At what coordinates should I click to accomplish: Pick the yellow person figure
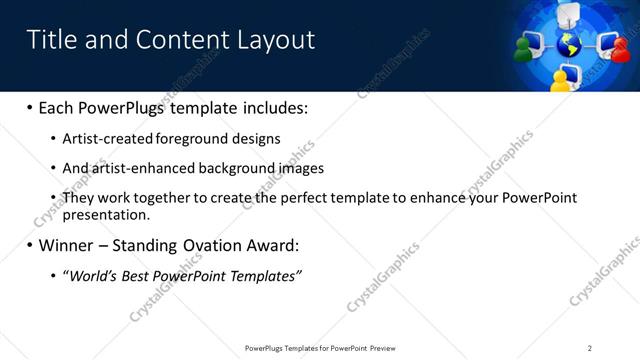560,79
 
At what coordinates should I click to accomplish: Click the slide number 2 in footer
590,348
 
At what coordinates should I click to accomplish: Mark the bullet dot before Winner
29,245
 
